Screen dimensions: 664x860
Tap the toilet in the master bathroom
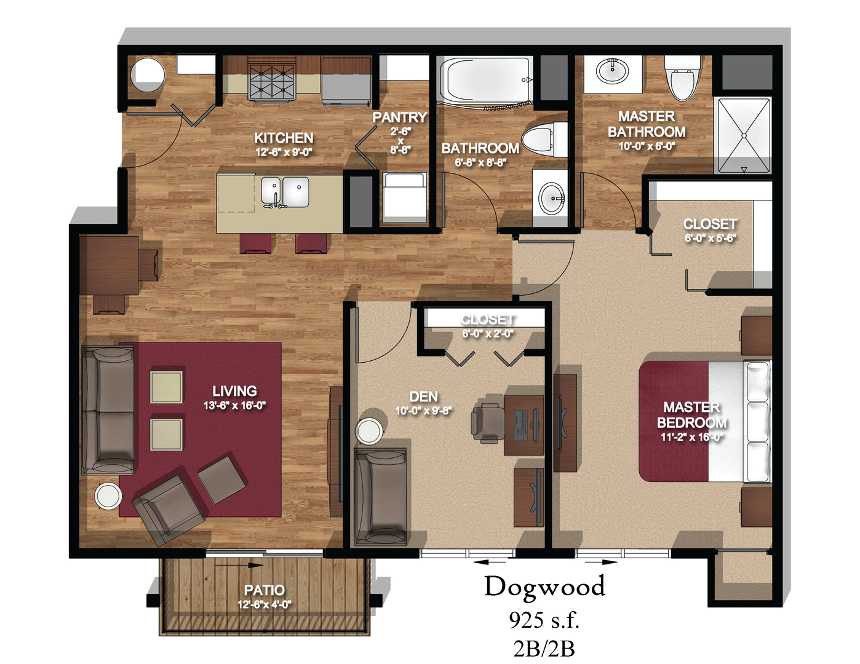682,78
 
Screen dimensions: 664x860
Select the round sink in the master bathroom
613,72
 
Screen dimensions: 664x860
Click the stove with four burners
272,83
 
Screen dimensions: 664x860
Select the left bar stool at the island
255,243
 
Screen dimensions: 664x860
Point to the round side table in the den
369,430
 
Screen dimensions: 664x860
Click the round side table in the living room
108,496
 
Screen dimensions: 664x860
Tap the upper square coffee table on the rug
166,387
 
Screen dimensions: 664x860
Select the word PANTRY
399,117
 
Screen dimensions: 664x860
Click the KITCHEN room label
284,138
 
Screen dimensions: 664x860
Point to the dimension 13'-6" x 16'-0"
234,406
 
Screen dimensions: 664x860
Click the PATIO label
265,590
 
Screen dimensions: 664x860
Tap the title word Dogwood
544,587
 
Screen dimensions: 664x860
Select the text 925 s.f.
544,620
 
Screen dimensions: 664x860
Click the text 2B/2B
544,648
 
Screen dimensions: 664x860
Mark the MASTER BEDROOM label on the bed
691,415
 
